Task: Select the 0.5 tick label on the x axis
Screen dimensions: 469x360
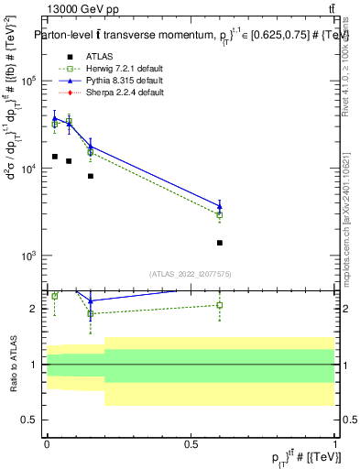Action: pos(191,443)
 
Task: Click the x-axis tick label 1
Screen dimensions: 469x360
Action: pos(335,443)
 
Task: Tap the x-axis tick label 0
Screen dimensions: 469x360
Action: pos(47,443)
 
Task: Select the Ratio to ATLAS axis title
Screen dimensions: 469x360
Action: pos(13,365)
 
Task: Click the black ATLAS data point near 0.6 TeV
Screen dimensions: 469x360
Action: pos(220,243)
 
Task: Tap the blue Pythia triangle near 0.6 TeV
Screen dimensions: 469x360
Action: pos(220,205)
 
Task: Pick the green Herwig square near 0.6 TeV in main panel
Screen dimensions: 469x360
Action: pos(220,215)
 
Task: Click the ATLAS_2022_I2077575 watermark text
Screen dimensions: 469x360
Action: pos(191,273)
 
